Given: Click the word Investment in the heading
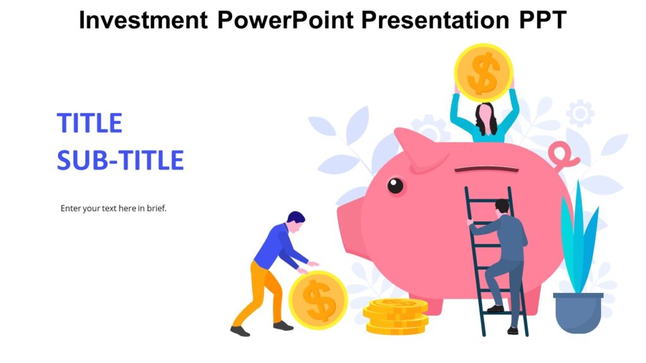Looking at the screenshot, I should (x=143, y=20).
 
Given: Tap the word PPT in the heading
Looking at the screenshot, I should (x=543, y=20).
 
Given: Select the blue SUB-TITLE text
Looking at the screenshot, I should (x=120, y=161).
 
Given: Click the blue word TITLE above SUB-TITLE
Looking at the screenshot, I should (x=90, y=123).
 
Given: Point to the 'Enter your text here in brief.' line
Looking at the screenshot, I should (x=114, y=208).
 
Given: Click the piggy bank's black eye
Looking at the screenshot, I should (x=396, y=185).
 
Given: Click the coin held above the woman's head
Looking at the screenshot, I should (x=484, y=72).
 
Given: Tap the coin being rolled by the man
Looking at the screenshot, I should (x=318, y=300).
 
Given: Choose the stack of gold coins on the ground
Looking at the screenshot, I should (x=396, y=316).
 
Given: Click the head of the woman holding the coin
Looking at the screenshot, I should (x=484, y=115).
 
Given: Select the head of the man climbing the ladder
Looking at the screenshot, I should (x=502, y=207).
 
